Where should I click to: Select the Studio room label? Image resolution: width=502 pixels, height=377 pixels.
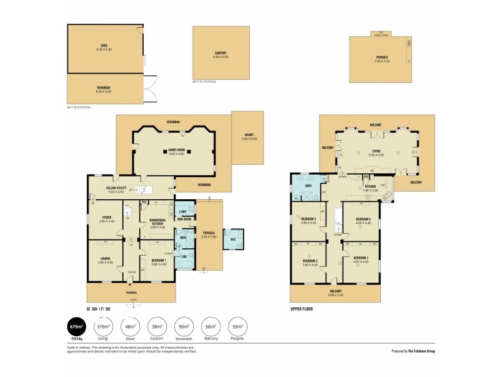tap(106, 218)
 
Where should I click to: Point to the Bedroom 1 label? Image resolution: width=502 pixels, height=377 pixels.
tap(158, 262)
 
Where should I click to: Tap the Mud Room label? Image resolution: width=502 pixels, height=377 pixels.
tap(184, 219)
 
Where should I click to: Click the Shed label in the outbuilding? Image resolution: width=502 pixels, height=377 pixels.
tap(104, 47)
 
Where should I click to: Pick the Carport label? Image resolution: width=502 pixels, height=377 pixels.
tap(220, 55)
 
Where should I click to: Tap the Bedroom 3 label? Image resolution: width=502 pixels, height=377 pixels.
tap(310, 262)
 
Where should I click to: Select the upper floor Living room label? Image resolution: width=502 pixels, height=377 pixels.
tap(376, 151)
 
